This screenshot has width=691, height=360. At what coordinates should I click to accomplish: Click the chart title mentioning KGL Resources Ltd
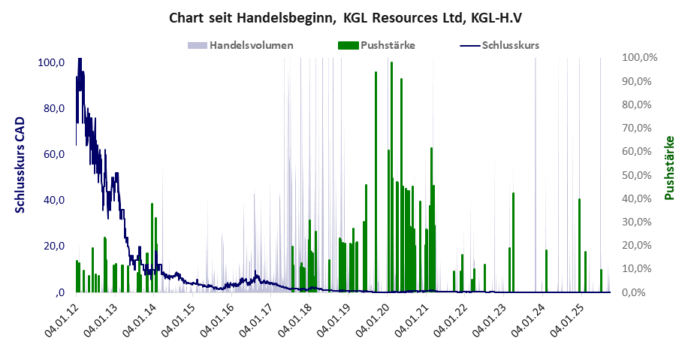pos(345,17)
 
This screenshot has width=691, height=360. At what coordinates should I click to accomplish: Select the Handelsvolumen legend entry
pos(251,45)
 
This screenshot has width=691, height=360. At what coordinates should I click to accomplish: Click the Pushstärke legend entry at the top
pos(388,45)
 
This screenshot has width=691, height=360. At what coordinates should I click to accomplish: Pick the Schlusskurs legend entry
pos(510,45)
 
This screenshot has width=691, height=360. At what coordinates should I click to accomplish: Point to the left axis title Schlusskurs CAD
pos(20,165)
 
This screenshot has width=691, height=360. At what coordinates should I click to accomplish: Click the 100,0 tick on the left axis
pos(51,62)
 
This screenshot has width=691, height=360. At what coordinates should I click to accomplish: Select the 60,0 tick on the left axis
pos(53,154)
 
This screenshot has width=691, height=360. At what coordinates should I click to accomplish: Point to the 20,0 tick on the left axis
pos(53,246)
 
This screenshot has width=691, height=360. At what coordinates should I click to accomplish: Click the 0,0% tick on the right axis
pos(645,292)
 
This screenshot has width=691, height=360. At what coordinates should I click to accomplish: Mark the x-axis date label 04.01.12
pos(62,320)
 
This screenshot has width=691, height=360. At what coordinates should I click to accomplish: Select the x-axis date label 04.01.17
pos(256,320)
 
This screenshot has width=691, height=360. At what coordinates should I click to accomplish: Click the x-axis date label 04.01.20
pos(373,320)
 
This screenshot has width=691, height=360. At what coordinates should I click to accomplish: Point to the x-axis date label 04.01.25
pos(566,320)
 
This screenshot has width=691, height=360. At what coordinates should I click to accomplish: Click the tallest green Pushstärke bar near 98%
pos(391,177)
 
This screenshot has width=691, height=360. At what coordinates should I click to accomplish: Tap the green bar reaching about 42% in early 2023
pos(513,242)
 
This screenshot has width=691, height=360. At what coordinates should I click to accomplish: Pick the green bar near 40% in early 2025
pos(579,245)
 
